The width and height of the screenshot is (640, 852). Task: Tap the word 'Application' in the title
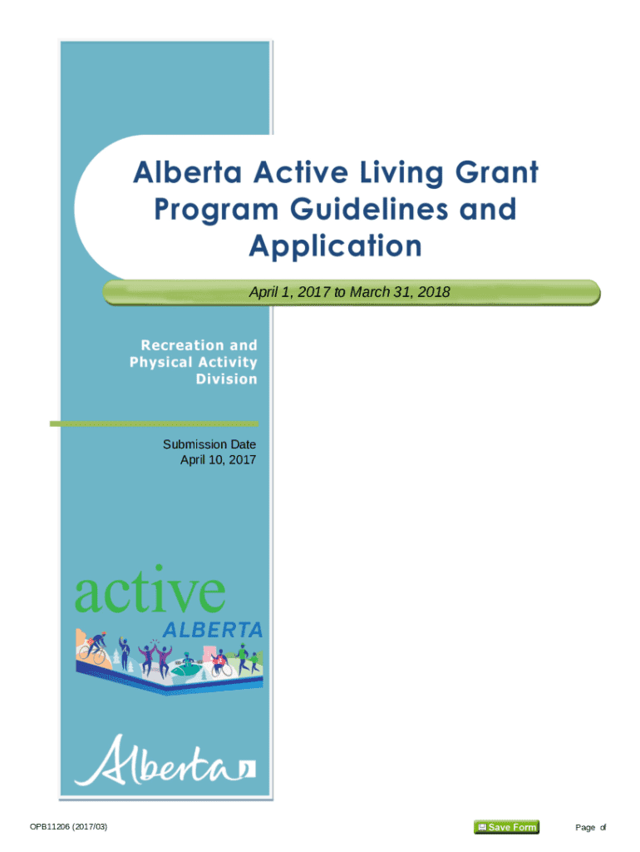[x=336, y=246]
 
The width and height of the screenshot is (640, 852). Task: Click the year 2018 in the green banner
[x=434, y=292]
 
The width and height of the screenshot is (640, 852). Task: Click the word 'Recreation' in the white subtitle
[x=182, y=345]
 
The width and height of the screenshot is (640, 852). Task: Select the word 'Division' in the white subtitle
[x=226, y=379]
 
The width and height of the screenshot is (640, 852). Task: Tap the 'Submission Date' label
[x=209, y=444]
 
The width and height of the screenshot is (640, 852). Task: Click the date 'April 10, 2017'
[x=219, y=459]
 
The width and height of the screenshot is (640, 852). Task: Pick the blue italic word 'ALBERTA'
[x=213, y=631]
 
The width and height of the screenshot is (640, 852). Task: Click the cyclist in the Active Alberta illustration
[x=93, y=648]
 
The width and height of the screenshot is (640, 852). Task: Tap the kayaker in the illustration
[x=188, y=665]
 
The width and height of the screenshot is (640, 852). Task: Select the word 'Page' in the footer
[x=585, y=828]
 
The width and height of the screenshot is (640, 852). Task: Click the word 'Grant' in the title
[x=496, y=173]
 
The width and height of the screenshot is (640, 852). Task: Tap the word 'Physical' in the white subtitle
[x=160, y=363]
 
